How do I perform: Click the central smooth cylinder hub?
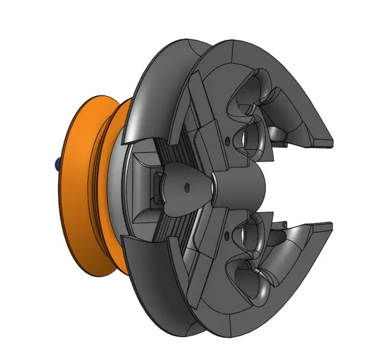coord(237,187)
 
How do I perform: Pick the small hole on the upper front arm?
coord(227,139)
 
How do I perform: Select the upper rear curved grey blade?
coord(155,88)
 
